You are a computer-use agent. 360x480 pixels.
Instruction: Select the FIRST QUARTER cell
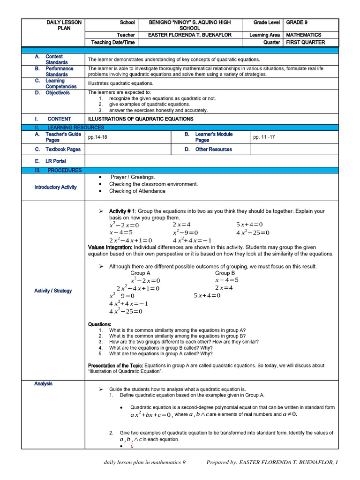click(x=305, y=43)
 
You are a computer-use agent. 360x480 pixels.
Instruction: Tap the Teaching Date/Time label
click(x=112, y=43)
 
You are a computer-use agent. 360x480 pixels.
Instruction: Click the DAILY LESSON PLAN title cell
click(x=64, y=25)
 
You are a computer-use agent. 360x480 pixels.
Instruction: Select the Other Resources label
click(x=213, y=150)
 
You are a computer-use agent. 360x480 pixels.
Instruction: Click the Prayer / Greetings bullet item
click(x=133, y=177)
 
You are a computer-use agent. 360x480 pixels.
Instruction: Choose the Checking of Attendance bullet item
click(x=137, y=191)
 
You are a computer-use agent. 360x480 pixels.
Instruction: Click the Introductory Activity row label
click(x=55, y=187)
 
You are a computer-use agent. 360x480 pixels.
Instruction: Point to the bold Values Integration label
click(x=110, y=247)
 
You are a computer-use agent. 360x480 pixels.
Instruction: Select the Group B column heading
click(x=225, y=273)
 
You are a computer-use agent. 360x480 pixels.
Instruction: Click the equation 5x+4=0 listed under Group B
click(x=207, y=296)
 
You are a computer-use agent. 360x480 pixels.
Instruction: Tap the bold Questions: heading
click(x=100, y=324)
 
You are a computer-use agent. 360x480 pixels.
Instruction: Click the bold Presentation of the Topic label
click(x=116, y=366)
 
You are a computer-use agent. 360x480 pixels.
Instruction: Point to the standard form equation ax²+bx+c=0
click(x=151, y=415)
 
